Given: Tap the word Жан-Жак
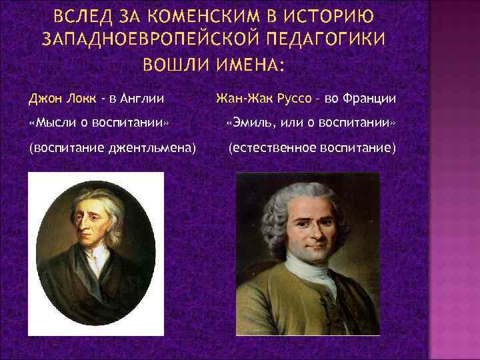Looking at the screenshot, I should [x=240, y=99].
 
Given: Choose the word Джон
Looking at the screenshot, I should [x=41, y=99].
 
